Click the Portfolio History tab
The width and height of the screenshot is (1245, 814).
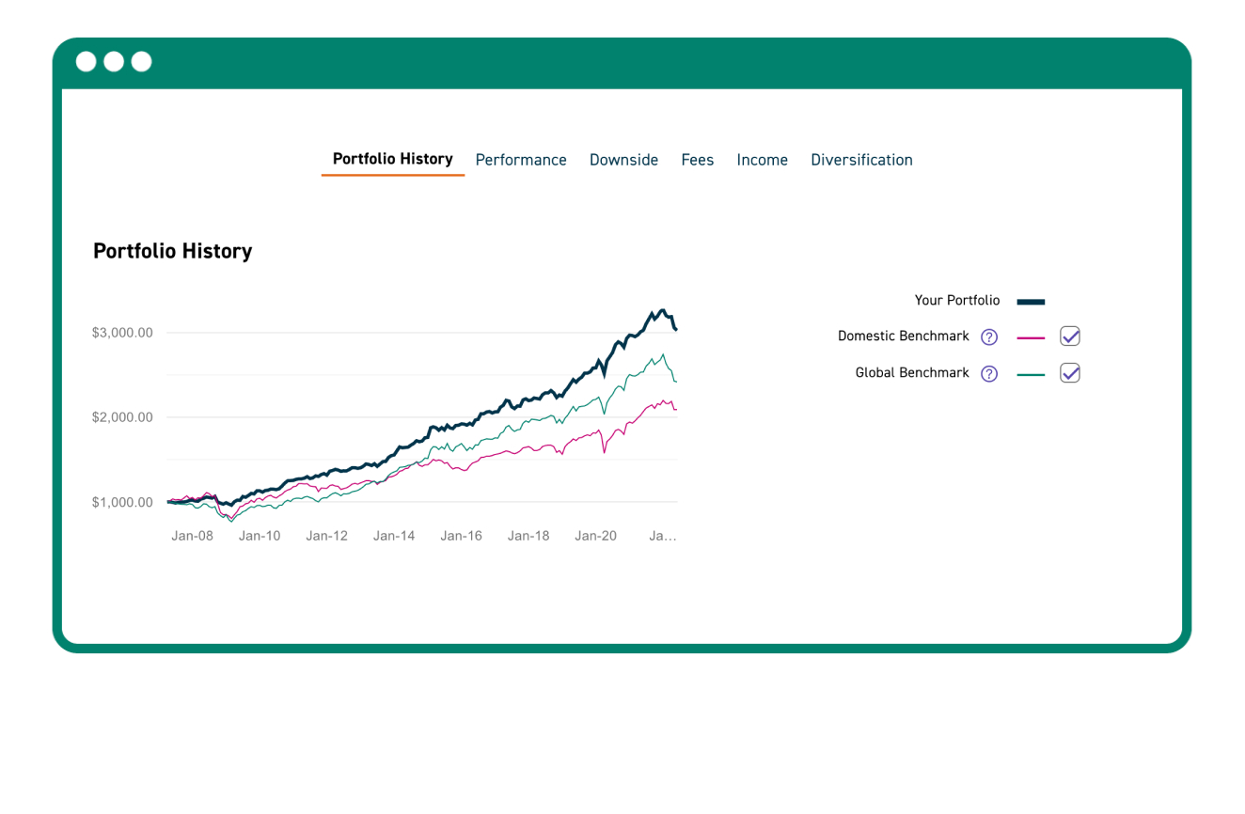[392, 159]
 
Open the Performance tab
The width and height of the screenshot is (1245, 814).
[521, 160]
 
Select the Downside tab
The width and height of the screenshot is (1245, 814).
[623, 160]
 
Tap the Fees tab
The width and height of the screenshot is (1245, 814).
[697, 160]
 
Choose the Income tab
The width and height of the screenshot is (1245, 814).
[762, 160]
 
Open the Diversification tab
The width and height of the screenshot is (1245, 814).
[861, 160]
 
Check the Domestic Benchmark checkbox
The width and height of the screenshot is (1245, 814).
[1069, 337]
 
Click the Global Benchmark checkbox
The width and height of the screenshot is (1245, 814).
[1069, 373]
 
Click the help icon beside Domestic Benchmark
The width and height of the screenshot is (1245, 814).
[988, 337]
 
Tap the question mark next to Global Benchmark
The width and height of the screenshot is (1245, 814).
[988, 373]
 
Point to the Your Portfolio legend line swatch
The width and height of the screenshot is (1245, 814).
[1031, 302]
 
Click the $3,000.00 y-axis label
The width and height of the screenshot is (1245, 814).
[122, 333]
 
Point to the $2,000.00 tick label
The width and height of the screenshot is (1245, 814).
[122, 417]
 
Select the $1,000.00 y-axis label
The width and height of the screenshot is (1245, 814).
[122, 502]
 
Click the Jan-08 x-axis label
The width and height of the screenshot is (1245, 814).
[192, 536]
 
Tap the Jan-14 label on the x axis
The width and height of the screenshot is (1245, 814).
[394, 536]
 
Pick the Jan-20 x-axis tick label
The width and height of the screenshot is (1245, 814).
[595, 536]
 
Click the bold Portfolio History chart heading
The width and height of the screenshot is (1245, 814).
[173, 251]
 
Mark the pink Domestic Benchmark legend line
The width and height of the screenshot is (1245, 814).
[1031, 337]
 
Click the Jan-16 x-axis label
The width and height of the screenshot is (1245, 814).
[461, 536]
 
